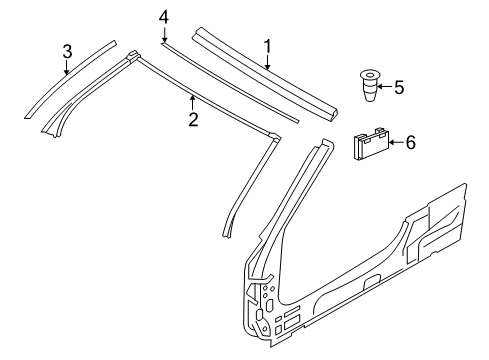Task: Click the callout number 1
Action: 267,46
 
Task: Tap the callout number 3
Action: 66,51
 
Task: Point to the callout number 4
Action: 164,17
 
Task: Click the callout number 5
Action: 398,88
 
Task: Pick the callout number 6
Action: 409,143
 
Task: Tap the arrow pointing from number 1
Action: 267,63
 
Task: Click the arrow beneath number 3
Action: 66,68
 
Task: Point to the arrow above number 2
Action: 192,103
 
